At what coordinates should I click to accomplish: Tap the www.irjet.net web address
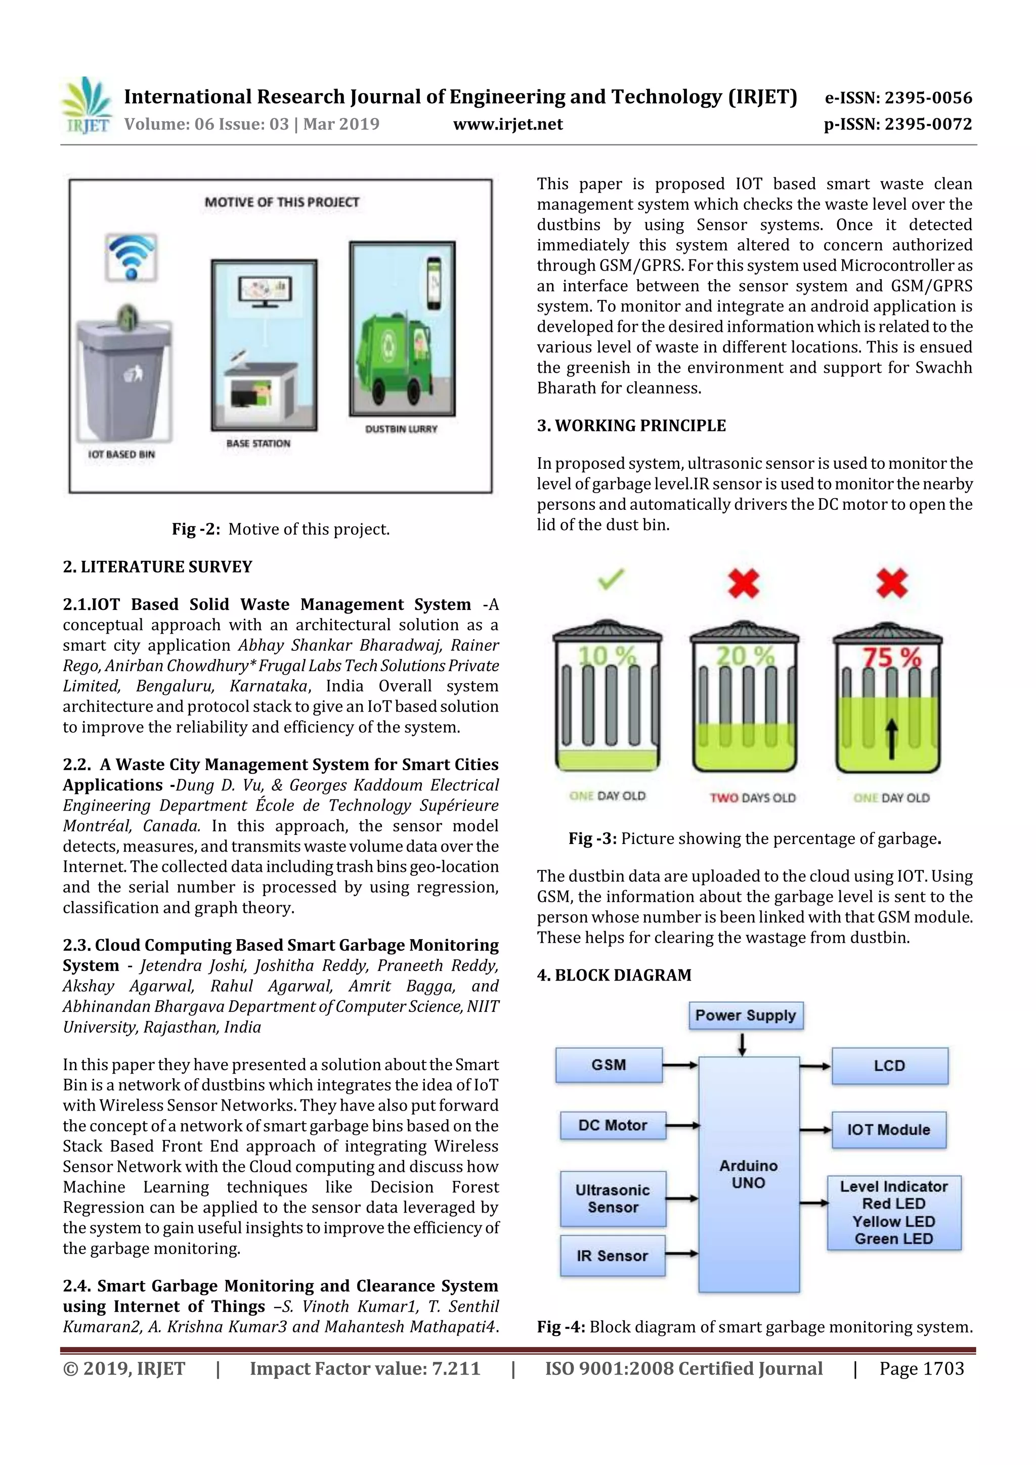tap(507, 124)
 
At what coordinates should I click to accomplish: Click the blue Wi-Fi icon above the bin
tap(132, 257)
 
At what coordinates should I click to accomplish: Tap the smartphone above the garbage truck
tap(434, 283)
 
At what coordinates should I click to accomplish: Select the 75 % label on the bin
tap(891, 657)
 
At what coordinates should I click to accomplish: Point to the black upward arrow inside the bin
tap(892, 739)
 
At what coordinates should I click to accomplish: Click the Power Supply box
tap(745, 1015)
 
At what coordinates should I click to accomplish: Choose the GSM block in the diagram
tap(609, 1065)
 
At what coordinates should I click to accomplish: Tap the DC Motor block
tap(613, 1126)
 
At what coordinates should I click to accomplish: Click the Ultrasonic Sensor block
tap(613, 1198)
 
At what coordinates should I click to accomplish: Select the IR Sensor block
tap(612, 1256)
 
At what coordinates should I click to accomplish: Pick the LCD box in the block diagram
tap(889, 1066)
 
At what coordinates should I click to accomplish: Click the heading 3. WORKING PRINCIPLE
tap(631, 426)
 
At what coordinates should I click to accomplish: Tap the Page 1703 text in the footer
tap(921, 1368)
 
